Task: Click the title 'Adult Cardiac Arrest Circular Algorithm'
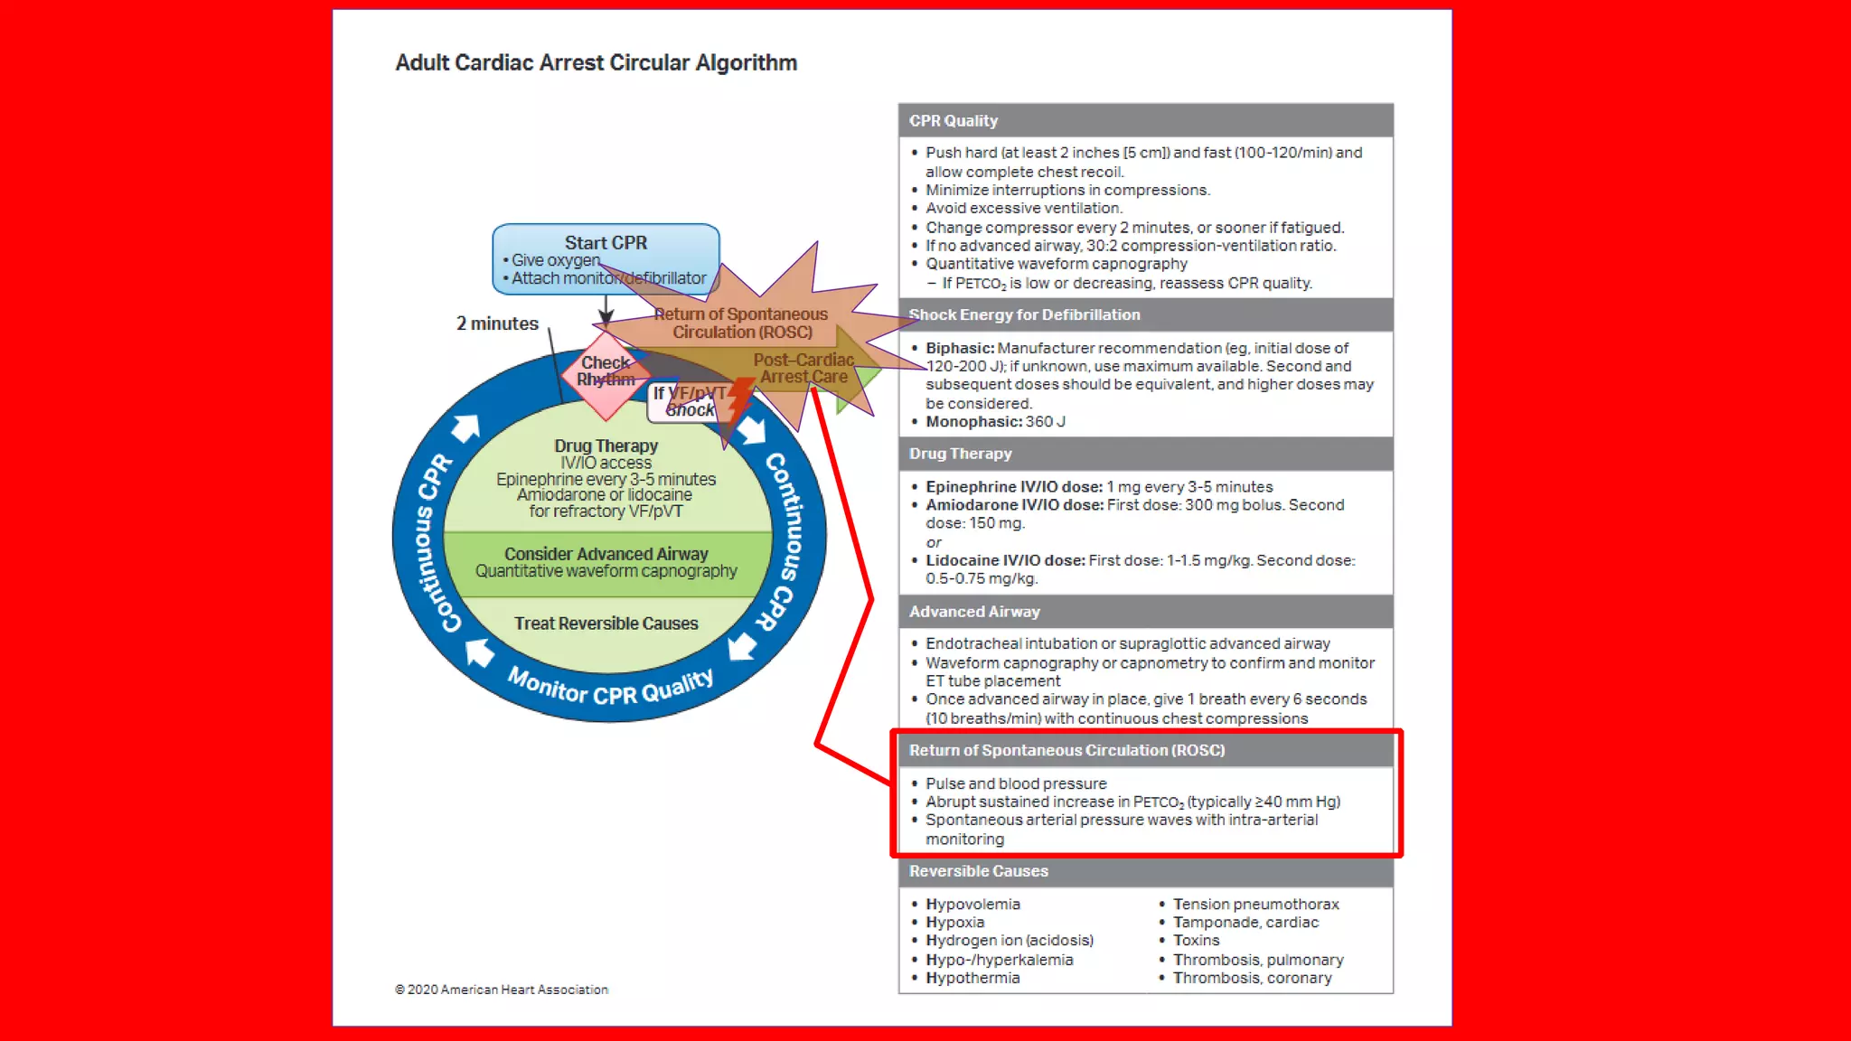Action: [x=596, y=63]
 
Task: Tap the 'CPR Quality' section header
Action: [x=954, y=121]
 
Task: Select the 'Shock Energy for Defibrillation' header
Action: [x=1024, y=315]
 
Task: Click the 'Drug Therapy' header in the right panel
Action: [x=960, y=454]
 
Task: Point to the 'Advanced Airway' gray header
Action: [x=974, y=612]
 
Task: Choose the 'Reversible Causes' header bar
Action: [x=978, y=871]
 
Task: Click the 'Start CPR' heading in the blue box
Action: [x=606, y=243]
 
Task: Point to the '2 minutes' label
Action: [x=497, y=324]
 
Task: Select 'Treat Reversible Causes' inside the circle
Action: [x=606, y=624]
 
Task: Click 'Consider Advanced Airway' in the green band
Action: [x=606, y=554]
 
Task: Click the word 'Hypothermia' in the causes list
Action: [x=972, y=978]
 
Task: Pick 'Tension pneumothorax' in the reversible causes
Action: [x=1255, y=905]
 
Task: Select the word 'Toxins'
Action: [x=1196, y=941]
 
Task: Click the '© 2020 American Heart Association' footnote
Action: [x=502, y=989]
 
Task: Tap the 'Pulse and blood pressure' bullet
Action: [x=1016, y=783]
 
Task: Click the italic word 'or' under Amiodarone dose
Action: [x=934, y=542]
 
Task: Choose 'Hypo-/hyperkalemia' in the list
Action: [x=999, y=960]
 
